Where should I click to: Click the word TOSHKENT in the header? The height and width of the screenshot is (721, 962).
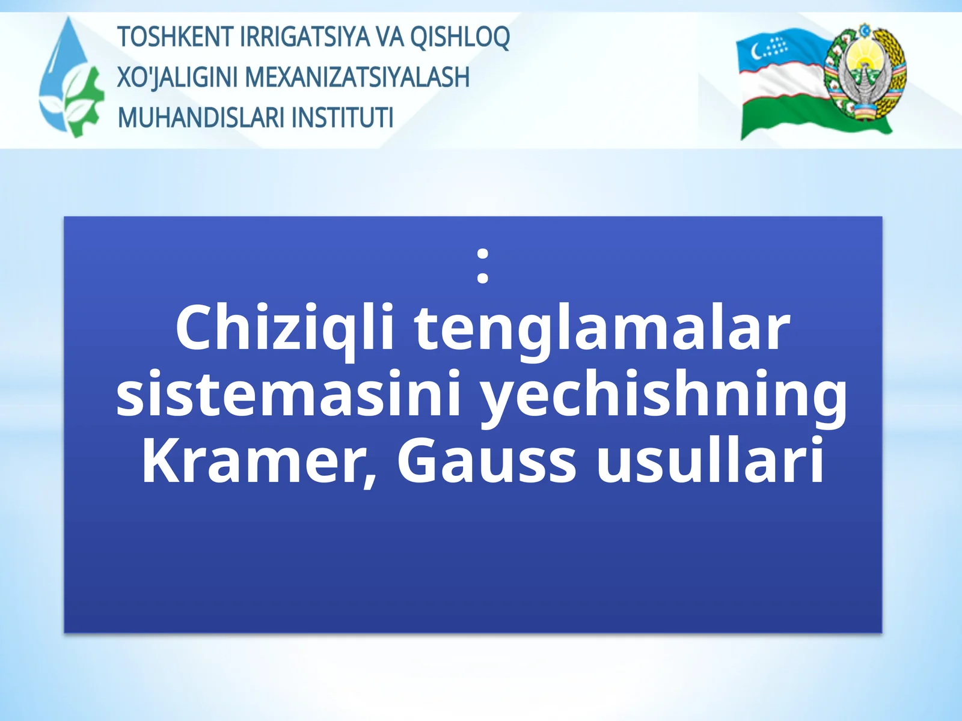coord(174,37)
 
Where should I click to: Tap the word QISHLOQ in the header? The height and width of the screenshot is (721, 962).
coord(460,37)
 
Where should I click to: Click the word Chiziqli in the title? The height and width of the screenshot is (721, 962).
coord(284,329)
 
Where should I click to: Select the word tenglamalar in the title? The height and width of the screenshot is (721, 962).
coord(601,329)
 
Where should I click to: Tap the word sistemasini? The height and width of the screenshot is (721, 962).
coord(288,395)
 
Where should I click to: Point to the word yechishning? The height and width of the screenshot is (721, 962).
coord(664,395)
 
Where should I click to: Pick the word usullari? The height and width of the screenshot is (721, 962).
coord(710,460)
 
